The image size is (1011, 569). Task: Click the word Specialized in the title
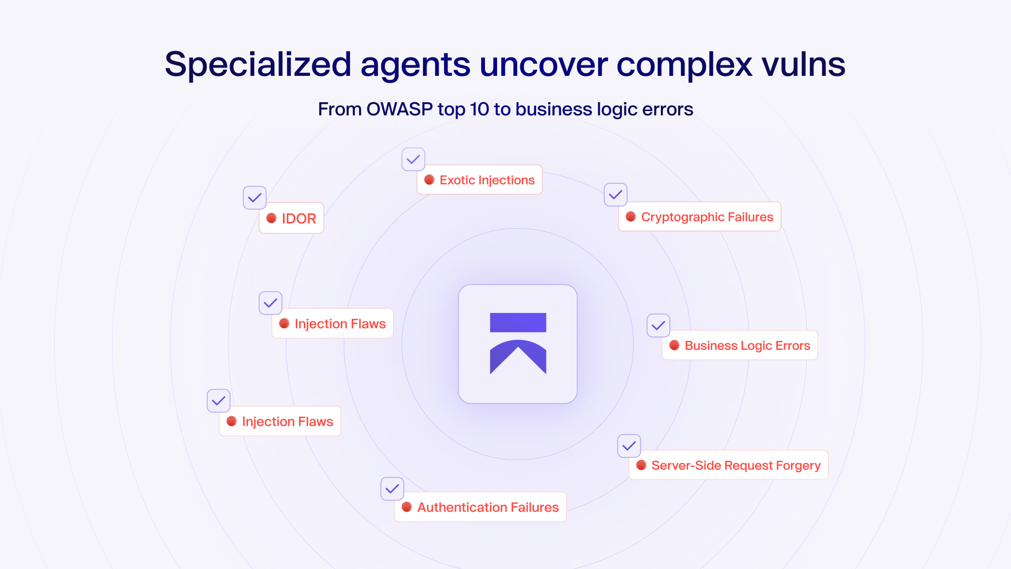[257, 65]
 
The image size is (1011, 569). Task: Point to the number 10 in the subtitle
[479, 109]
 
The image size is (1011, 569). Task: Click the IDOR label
[299, 219]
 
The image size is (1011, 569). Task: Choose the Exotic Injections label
[487, 180]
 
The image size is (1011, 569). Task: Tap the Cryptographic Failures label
[707, 217]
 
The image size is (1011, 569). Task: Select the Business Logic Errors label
[747, 346]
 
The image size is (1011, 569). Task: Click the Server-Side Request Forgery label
[736, 465]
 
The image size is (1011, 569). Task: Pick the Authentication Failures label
[488, 507]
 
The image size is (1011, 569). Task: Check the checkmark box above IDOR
[255, 198]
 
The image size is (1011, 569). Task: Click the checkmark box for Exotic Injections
[413, 159]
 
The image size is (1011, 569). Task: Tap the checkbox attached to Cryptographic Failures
[616, 195]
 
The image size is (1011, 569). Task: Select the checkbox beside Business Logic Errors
[658, 326]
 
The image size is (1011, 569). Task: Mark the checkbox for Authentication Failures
[392, 489]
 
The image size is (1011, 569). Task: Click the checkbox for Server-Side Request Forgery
[629, 446]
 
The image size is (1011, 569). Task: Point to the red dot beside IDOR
[272, 218]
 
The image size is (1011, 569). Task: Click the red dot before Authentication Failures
[407, 507]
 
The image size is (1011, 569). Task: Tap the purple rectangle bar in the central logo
[518, 322]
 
